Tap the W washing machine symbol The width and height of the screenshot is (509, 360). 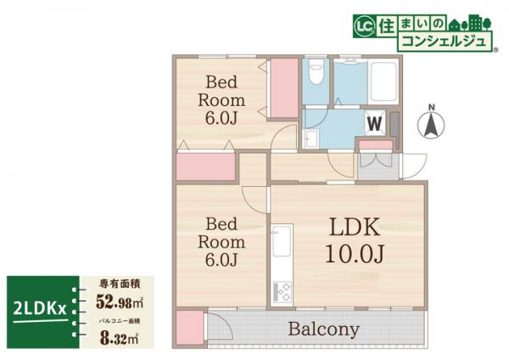[x=372, y=123]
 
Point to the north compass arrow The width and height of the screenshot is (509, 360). [x=432, y=126]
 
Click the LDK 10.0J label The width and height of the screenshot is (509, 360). [x=349, y=239]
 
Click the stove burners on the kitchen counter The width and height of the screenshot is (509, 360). [x=282, y=290]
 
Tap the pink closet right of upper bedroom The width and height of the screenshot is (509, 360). [x=282, y=90]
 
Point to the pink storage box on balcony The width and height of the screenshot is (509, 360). [x=189, y=327]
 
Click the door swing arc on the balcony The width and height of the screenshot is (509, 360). [x=219, y=327]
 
